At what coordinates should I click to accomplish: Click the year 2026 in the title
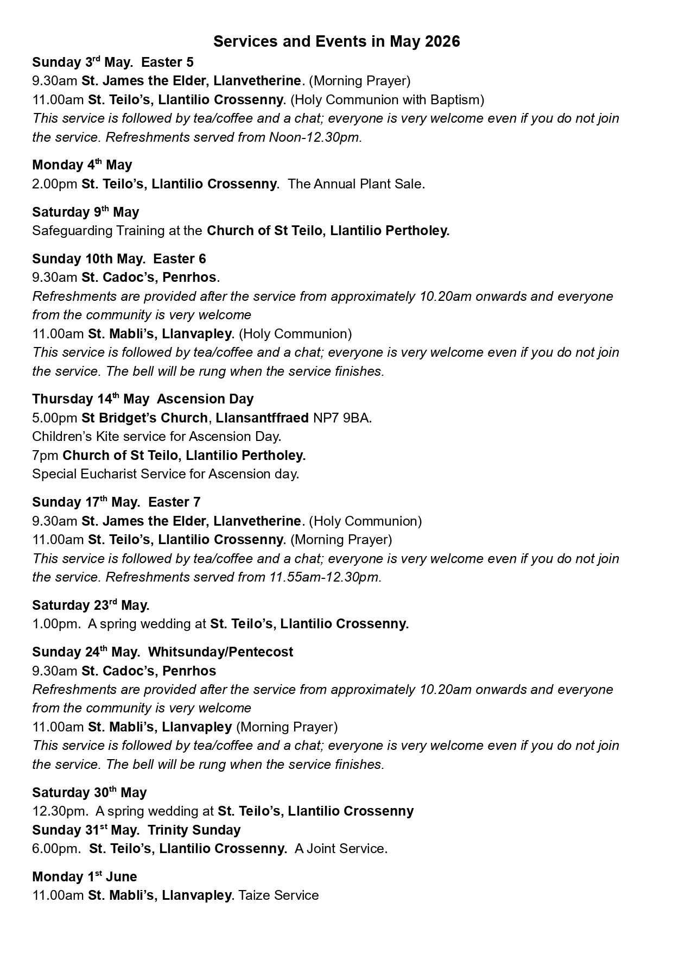pyautogui.click(x=442, y=42)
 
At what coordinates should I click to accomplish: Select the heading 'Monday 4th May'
pyautogui.click(x=82, y=165)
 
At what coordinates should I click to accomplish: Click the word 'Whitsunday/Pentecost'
pyautogui.click(x=220, y=652)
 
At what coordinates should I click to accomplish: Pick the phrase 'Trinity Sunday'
pyautogui.click(x=194, y=830)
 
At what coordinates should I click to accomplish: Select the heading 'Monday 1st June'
pyautogui.click(x=84, y=877)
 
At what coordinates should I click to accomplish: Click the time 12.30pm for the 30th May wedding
pyautogui.click(x=60, y=811)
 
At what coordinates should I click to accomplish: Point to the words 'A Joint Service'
pyautogui.click(x=340, y=849)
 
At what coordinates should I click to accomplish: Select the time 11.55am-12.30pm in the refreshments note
pyautogui.click(x=325, y=577)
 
